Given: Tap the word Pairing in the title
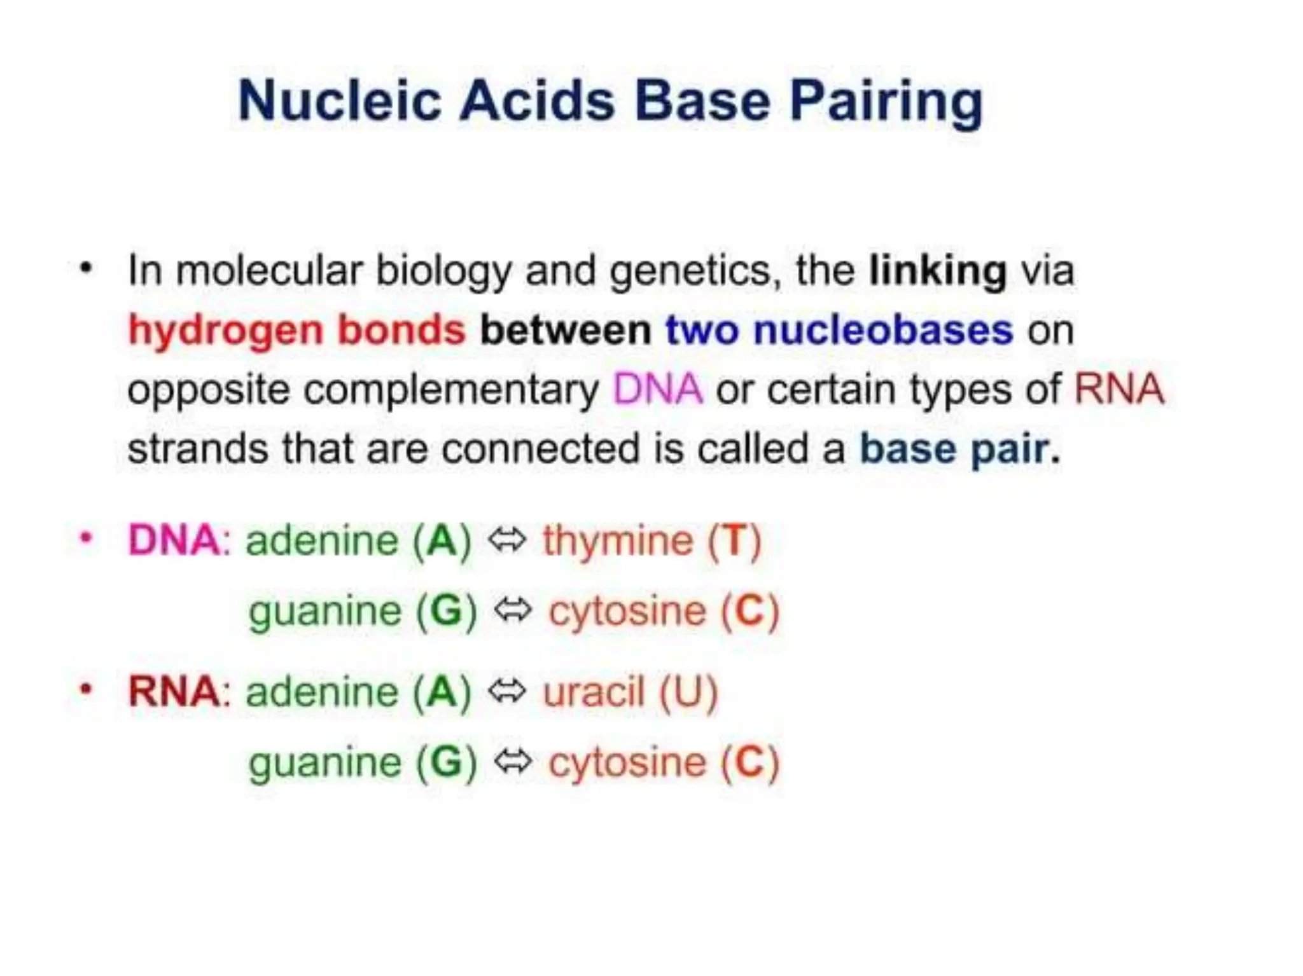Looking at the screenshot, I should point(886,102).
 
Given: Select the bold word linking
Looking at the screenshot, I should point(937,271).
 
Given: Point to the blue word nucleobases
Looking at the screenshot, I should point(883,330).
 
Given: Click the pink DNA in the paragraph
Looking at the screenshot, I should point(657,389).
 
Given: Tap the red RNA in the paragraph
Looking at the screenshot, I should point(1119,389).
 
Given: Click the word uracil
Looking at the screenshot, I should point(594,692).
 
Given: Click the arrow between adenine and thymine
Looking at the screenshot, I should point(507,540).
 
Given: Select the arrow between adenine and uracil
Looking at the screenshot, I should point(507,691).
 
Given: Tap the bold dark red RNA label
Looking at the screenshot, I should point(174,692).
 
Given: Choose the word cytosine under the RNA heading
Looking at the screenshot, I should point(627,763).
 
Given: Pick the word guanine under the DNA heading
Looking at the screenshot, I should point(324,612).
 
